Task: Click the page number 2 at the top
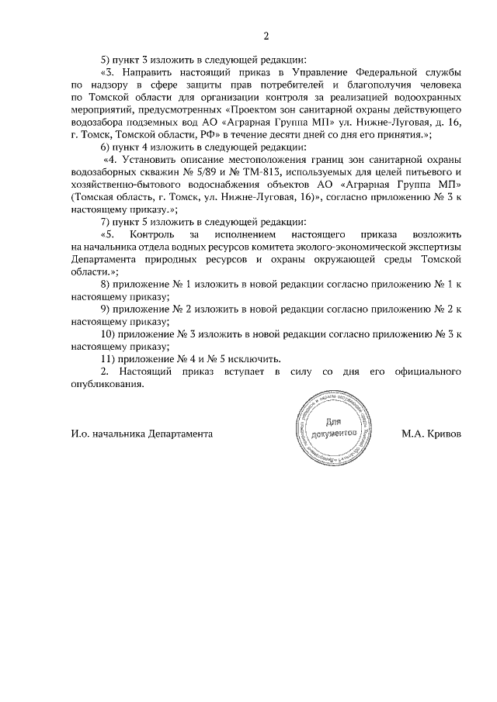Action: [266, 36]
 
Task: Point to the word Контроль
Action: [153, 234]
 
